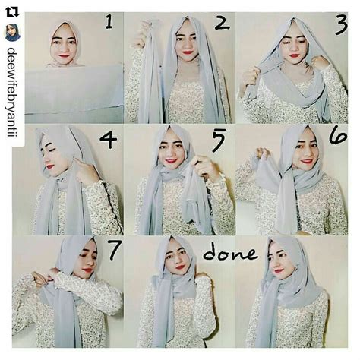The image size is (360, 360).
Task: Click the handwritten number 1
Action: pos(109,24)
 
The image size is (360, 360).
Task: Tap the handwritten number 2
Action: pos(221,24)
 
